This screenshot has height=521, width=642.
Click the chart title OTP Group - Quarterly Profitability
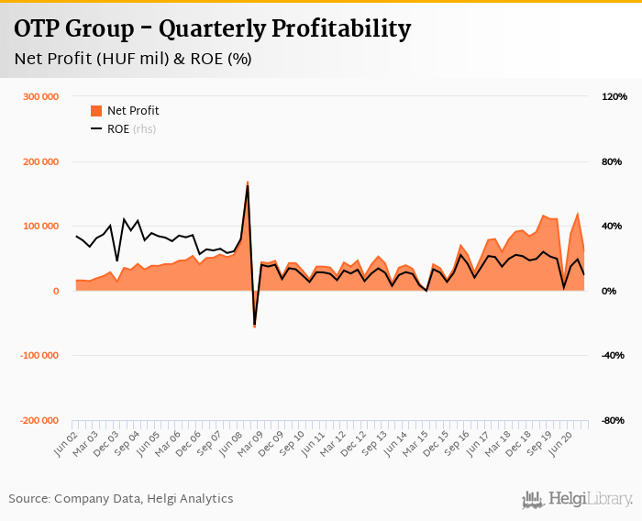(x=212, y=29)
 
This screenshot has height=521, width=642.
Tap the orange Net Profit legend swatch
(x=96, y=111)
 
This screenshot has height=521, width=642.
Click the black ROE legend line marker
(x=96, y=129)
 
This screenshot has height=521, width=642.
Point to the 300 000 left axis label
(x=41, y=97)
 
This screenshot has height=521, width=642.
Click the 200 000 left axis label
(x=41, y=161)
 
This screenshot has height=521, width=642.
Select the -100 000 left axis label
(x=39, y=355)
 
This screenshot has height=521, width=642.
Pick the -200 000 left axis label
(x=39, y=420)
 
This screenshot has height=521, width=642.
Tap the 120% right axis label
(x=614, y=97)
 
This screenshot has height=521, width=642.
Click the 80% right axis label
(x=612, y=161)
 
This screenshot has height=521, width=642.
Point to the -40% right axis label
(x=612, y=355)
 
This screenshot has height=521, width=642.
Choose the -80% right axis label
(x=612, y=420)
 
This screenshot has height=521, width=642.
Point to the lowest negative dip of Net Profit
(x=254, y=327)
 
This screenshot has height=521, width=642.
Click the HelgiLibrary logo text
(x=588, y=499)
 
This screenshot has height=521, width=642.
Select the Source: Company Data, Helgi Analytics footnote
(x=121, y=499)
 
